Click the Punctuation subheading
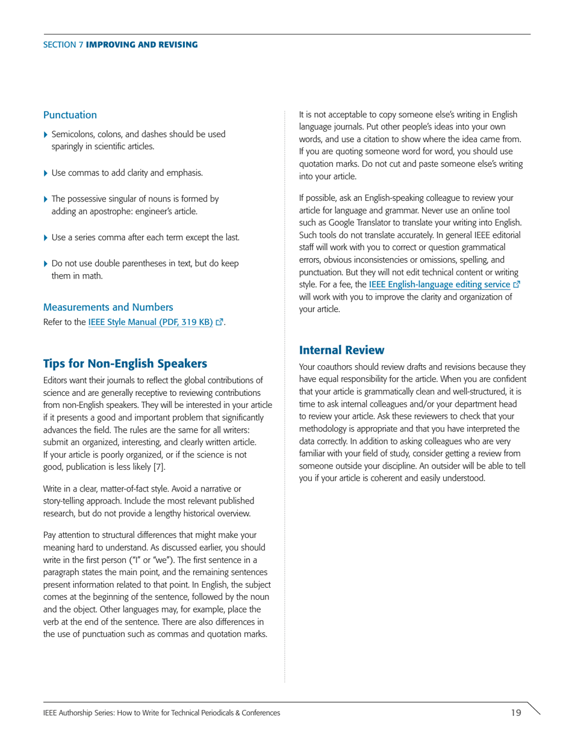70,114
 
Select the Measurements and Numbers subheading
108,307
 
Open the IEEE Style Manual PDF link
151,322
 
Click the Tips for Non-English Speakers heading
125,363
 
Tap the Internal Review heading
341,350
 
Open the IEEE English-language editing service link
439,284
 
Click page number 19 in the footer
516,713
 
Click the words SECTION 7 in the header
63,45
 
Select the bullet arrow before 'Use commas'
46,173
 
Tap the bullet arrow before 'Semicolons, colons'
46,135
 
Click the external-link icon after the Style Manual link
220,322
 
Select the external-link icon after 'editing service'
515,284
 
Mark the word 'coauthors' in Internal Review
337,367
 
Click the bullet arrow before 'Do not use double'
46,264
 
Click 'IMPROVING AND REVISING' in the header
142,45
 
